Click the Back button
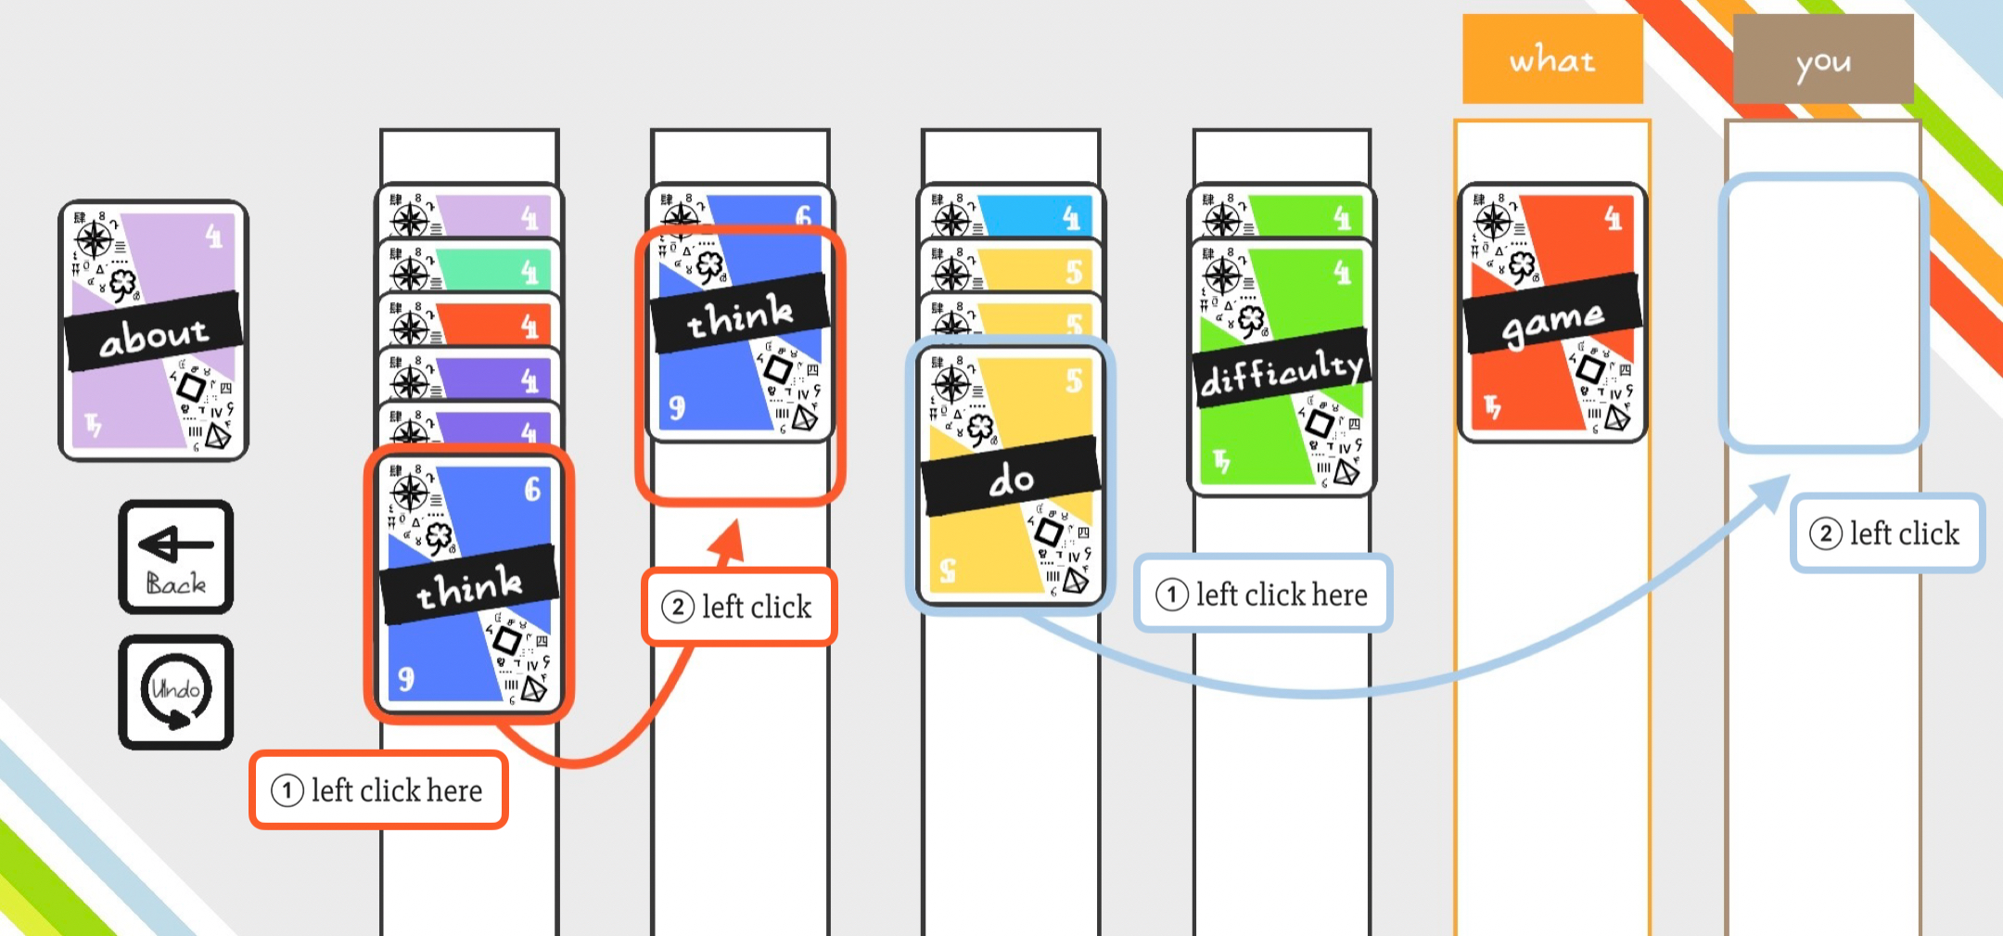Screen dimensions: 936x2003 point(176,558)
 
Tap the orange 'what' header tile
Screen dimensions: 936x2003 point(1552,59)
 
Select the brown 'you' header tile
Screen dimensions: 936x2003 point(1822,59)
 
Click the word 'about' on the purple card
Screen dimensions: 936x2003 point(153,334)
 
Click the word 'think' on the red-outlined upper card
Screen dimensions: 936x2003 point(740,316)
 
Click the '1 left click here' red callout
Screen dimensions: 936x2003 point(378,790)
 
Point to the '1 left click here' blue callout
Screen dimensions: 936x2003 point(1263,594)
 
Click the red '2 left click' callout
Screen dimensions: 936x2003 point(739,607)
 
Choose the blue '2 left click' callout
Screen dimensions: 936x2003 point(1886,533)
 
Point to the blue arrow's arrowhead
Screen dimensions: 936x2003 point(1776,488)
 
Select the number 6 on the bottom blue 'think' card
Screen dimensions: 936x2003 point(532,488)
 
